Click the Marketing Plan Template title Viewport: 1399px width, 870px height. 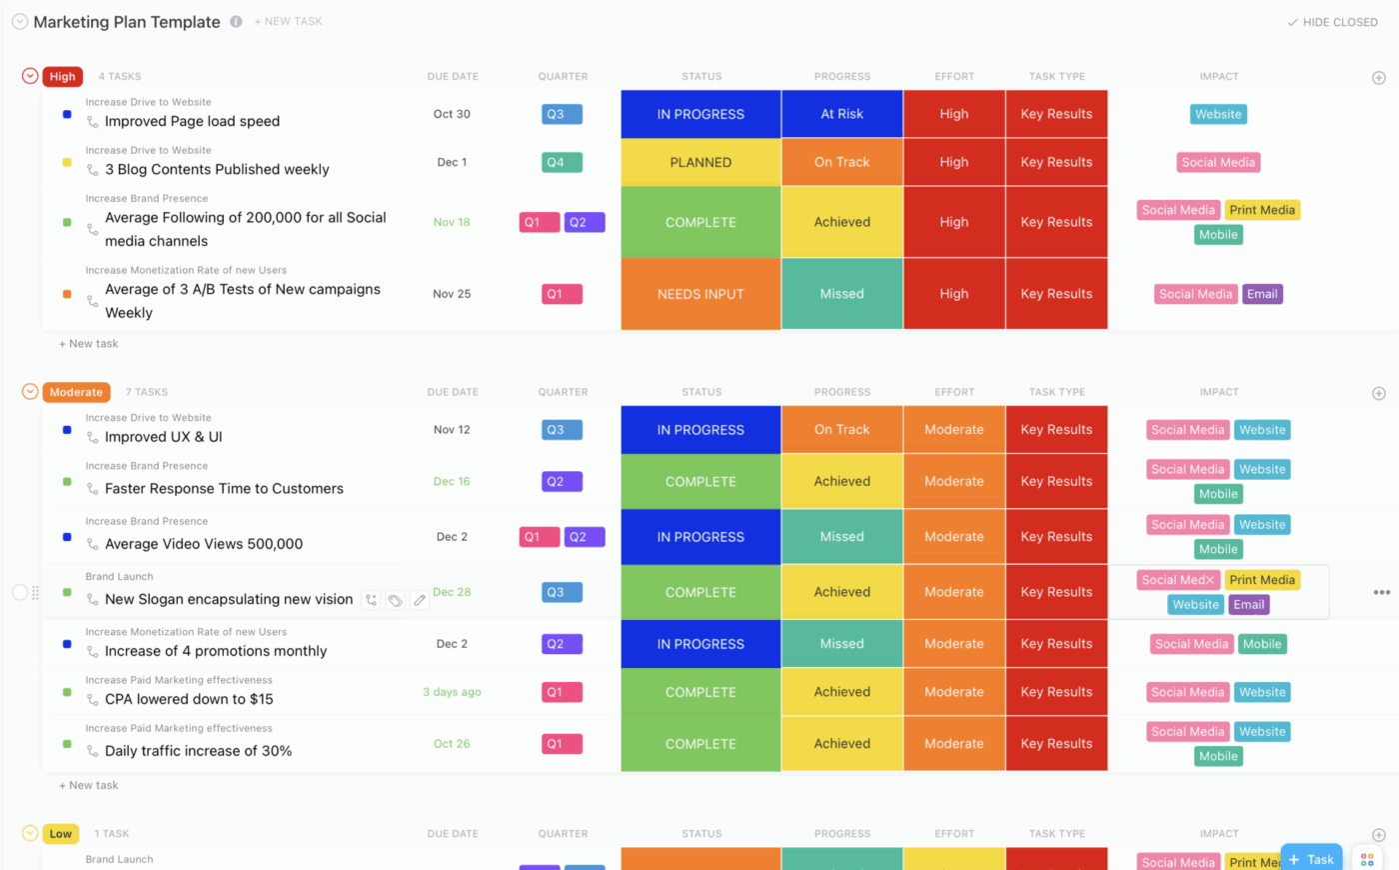click(127, 22)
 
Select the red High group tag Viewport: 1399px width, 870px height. click(62, 76)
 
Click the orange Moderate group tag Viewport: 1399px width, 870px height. click(76, 392)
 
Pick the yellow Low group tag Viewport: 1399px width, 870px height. click(61, 834)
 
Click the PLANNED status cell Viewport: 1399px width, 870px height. click(700, 162)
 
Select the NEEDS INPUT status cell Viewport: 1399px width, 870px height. click(700, 294)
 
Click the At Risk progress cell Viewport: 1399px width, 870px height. click(841, 114)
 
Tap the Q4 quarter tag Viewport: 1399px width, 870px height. click(562, 162)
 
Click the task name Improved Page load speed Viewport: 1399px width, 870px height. click(192, 121)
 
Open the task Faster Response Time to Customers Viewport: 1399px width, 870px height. click(224, 488)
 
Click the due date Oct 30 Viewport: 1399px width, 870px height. click(452, 114)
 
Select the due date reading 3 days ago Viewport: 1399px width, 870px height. click(452, 692)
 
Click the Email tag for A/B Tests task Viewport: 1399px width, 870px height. click(1262, 294)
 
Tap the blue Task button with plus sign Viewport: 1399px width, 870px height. click(1311, 859)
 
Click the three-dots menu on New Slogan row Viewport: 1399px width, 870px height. click(1381, 592)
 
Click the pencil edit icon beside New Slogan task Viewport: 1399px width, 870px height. click(420, 600)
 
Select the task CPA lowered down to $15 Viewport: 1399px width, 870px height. click(189, 699)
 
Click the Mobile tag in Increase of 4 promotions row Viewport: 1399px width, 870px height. click(1261, 644)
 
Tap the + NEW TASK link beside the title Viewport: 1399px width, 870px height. click(288, 21)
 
